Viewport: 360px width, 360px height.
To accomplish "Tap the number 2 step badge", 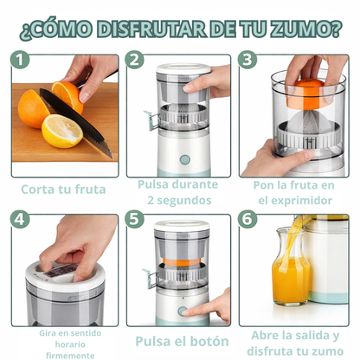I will pyautogui.click(x=135, y=61).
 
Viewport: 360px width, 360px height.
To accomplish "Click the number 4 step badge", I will pyautogui.click(x=20, y=220).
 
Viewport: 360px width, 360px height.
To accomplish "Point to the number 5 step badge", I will pyautogui.click(x=135, y=220).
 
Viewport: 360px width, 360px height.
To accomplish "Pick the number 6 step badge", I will pyautogui.click(x=249, y=220).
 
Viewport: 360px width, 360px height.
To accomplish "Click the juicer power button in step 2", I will pyautogui.click(x=183, y=159).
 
